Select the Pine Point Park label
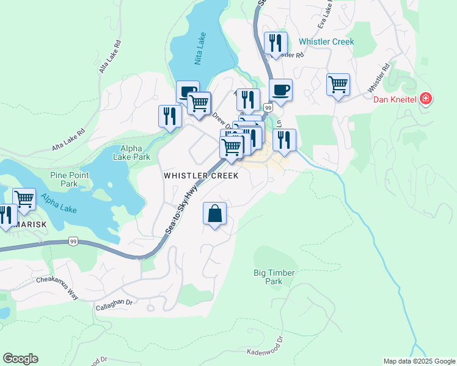pos(69,179)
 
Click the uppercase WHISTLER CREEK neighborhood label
pos(200,176)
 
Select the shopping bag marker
pos(214,214)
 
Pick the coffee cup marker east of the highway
pos(280,90)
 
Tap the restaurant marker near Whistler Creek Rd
pos(276,43)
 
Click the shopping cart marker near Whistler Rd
pos(338,84)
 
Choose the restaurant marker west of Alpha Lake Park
pos(170,116)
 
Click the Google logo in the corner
pos(20,359)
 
